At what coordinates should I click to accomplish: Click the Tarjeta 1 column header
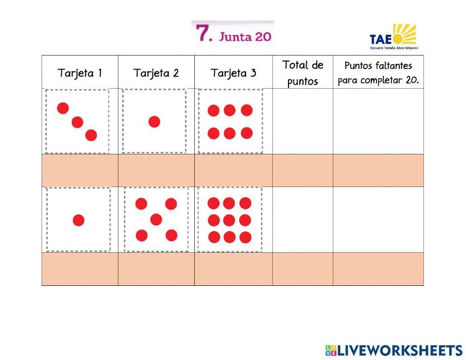point(80,73)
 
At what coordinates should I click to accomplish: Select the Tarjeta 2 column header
point(156,73)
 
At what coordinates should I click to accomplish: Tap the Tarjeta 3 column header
point(233,73)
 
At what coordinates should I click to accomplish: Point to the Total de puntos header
point(302,73)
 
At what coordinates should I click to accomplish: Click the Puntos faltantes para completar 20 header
point(378,73)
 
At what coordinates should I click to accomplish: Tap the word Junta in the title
point(235,36)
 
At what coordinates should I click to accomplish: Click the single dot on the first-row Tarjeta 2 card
point(154,122)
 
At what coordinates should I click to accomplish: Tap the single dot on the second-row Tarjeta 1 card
point(79,220)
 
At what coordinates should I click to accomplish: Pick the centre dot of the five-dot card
point(156,219)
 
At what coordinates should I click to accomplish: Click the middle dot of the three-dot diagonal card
point(77,122)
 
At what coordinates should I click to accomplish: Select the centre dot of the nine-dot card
point(229,220)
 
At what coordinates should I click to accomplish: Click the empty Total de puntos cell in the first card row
point(302,121)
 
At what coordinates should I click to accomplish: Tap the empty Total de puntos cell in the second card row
point(302,220)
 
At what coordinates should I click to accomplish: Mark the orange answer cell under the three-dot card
point(80,170)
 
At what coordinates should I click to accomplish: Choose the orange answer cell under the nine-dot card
point(233,269)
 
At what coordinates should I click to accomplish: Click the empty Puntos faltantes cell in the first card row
point(378,121)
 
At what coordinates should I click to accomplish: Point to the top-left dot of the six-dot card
point(213,111)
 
